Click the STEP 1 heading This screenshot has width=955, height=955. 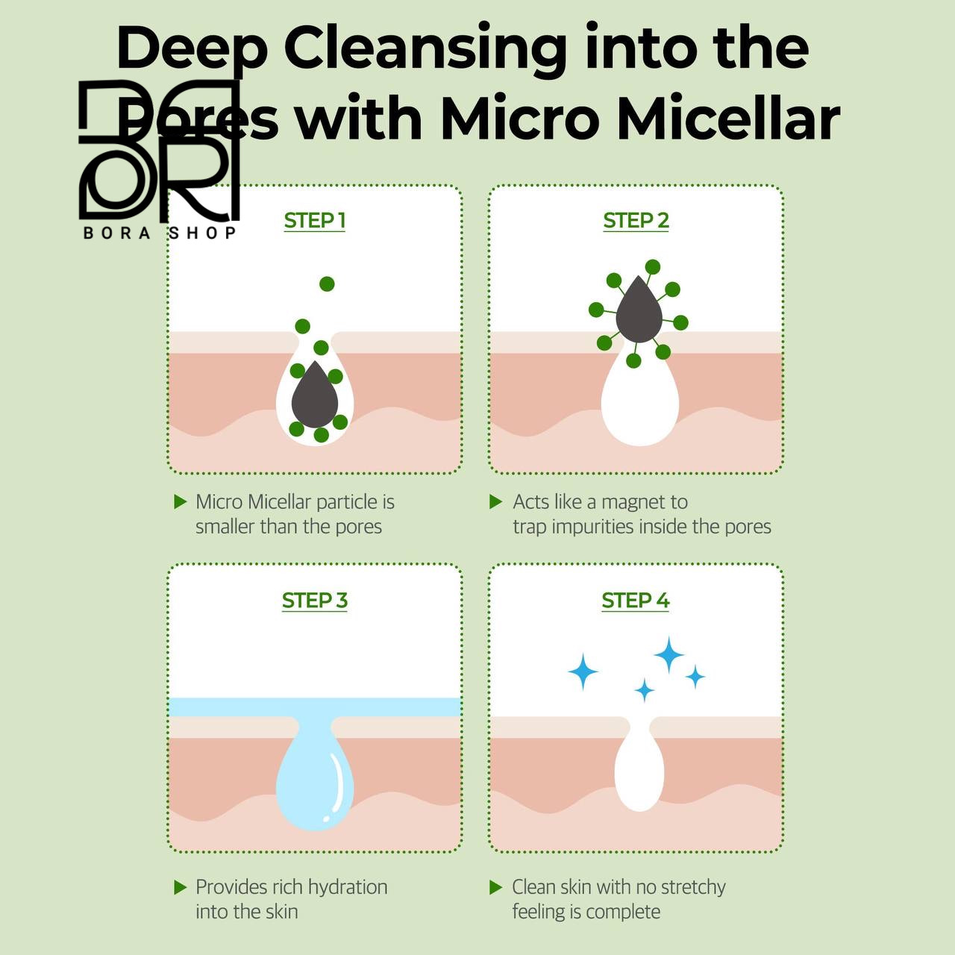tap(314, 221)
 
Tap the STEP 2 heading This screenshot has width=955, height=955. tap(636, 221)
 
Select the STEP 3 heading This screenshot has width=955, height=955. tap(314, 600)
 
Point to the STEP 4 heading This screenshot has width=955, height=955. tap(636, 600)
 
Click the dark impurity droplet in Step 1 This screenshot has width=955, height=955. tap(314, 395)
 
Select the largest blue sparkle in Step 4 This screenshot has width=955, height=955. tap(669, 655)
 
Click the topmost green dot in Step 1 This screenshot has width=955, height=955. tap(327, 284)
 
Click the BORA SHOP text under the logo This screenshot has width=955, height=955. tap(160, 233)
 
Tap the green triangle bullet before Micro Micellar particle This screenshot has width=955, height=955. tap(181, 502)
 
